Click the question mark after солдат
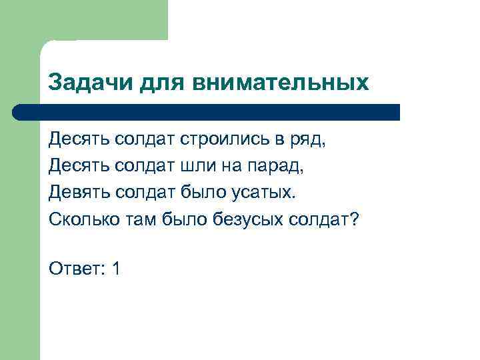pos(353,219)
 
